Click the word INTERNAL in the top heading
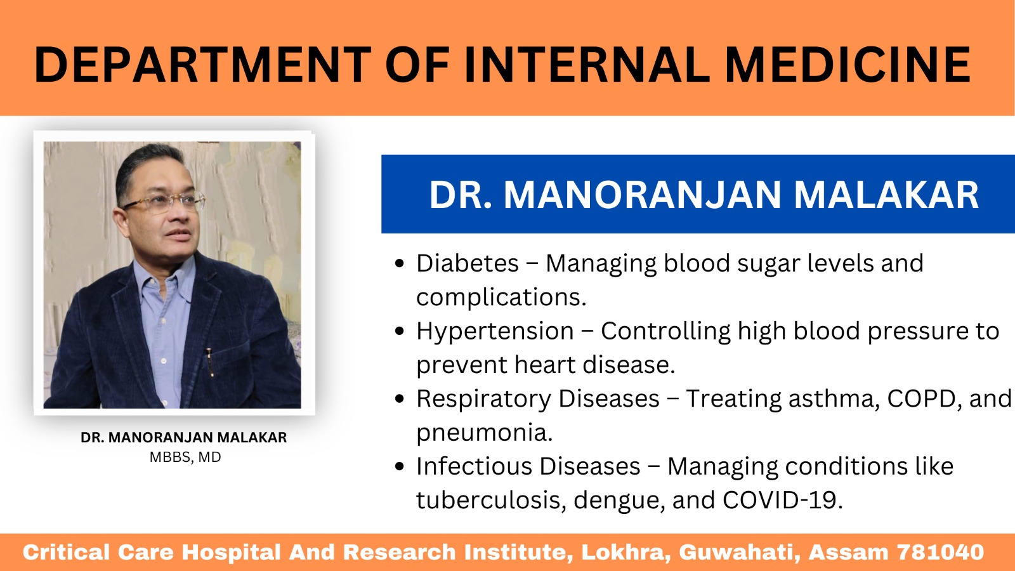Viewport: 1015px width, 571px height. (x=587, y=65)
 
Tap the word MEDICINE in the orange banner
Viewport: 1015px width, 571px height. (x=848, y=65)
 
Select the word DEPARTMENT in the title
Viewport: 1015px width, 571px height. (x=202, y=65)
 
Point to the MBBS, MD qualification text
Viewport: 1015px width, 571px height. (x=185, y=457)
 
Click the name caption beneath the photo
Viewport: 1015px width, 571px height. (x=183, y=437)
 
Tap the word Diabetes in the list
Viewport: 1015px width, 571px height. (x=467, y=263)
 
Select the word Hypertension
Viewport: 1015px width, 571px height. (x=495, y=331)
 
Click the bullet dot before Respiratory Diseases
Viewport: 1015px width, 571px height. (x=399, y=399)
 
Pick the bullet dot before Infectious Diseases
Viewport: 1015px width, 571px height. (x=399, y=466)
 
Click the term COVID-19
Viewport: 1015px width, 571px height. (x=783, y=501)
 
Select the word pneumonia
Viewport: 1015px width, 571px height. (x=485, y=433)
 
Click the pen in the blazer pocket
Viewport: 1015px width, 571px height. (x=210, y=362)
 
